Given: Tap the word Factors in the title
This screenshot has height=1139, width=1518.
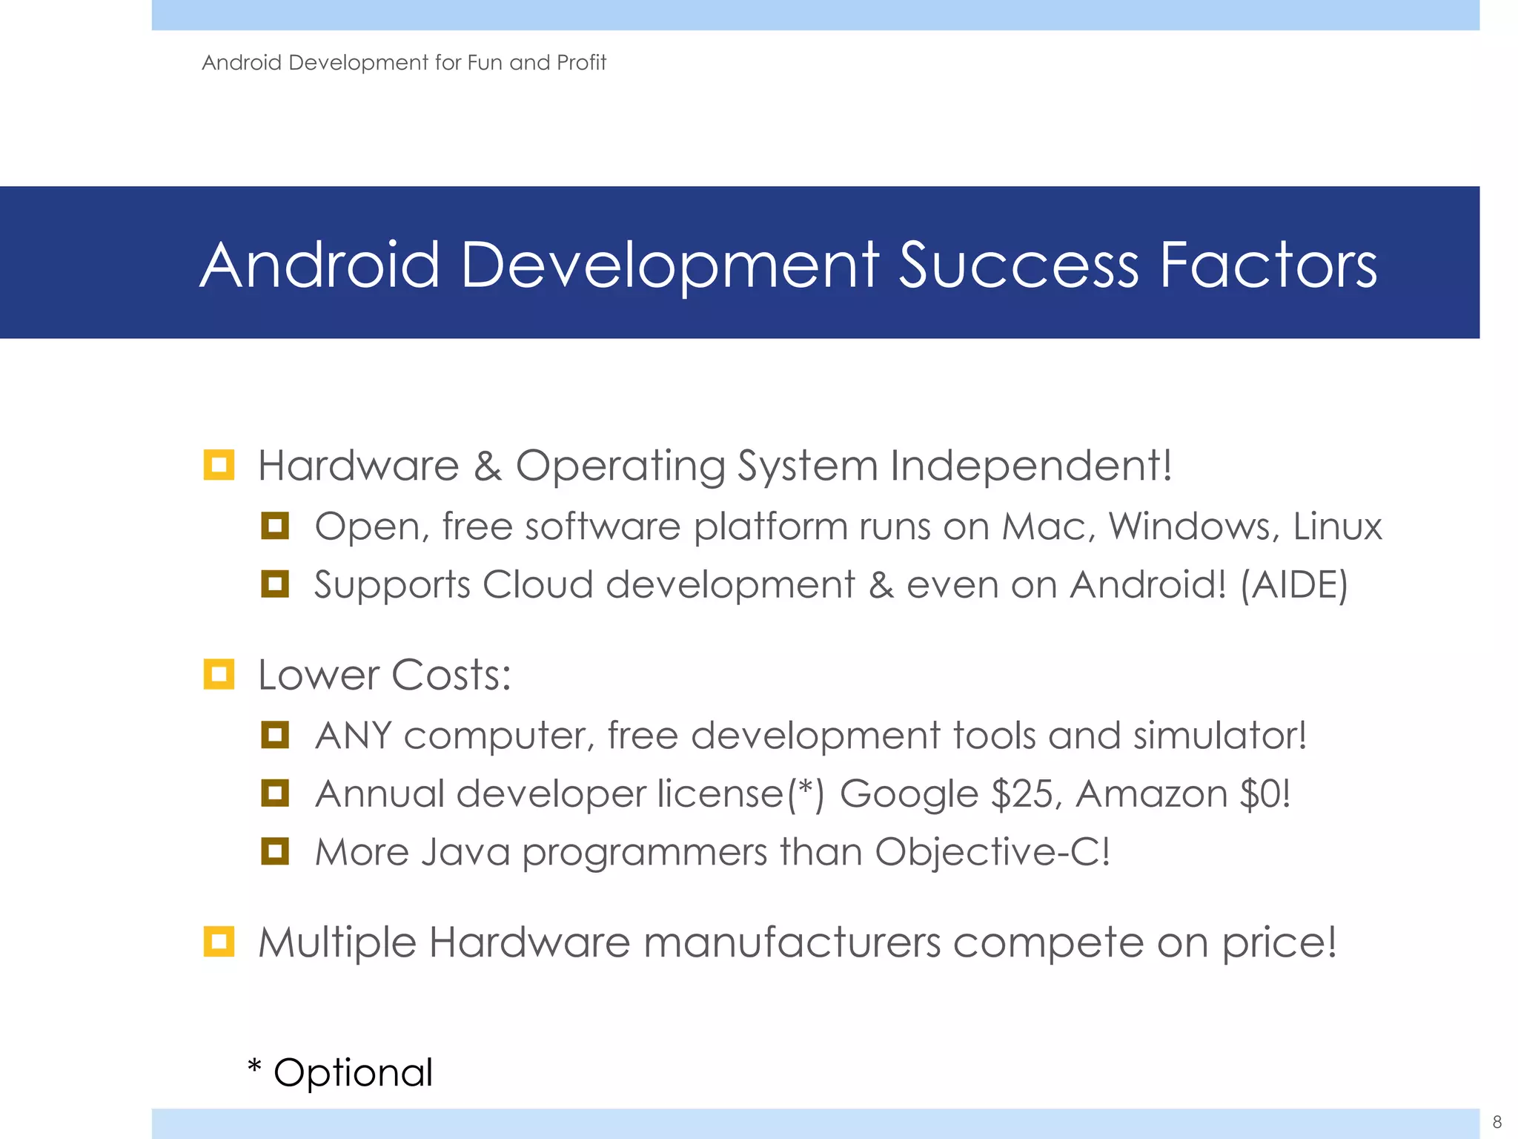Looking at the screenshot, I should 1268,265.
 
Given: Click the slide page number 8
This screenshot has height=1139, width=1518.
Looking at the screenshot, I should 1497,1122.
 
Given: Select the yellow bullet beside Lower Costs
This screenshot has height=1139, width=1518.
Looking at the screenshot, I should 219,675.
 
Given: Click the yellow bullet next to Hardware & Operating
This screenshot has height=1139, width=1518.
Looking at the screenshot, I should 219,466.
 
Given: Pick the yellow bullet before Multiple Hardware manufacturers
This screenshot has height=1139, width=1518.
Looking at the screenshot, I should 219,942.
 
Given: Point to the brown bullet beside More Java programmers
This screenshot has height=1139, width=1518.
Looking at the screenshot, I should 274,851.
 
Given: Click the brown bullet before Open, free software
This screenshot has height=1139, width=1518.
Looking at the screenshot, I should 274,526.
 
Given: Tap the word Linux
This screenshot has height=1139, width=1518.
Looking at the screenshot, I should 1337,526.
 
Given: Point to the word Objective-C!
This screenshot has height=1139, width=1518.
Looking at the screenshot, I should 992,852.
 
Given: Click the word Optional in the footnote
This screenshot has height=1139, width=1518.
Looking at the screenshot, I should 353,1073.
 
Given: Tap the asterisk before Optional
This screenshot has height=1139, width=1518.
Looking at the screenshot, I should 254,1068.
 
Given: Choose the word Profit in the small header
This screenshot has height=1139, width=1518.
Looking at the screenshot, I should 581,63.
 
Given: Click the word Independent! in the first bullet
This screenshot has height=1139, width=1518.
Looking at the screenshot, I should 1031,466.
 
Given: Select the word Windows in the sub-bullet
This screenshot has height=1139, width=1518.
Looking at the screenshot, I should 1193,526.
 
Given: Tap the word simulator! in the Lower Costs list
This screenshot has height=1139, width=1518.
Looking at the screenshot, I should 1219,736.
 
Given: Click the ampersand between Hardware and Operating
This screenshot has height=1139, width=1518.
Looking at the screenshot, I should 487,467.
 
